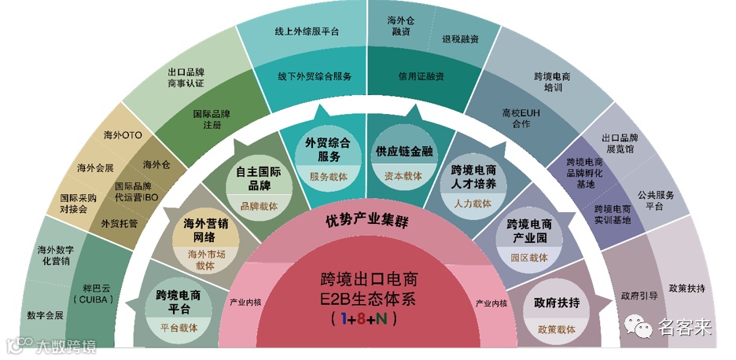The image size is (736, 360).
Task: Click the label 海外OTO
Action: point(123,135)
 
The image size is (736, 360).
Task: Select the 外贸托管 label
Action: point(120,223)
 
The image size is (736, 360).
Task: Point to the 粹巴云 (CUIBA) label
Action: point(94,293)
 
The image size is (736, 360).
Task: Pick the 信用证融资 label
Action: point(421,76)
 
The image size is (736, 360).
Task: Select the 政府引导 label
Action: point(639,296)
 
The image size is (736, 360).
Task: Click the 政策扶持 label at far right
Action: point(686,288)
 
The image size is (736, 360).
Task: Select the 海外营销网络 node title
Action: point(204,230)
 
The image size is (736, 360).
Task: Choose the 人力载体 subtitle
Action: point(473,204)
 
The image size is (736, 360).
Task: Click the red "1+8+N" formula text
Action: point(363,319)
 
